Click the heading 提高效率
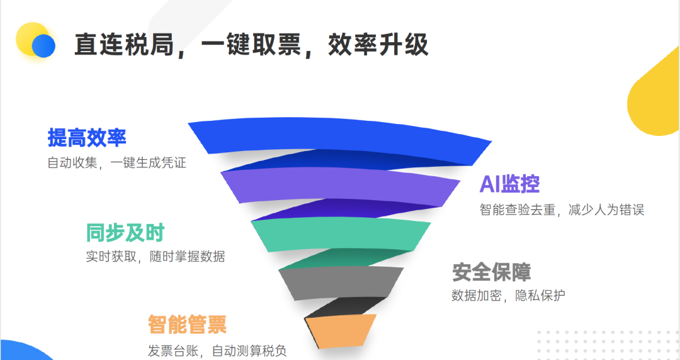coord(87,137)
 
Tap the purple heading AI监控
coord(509,184)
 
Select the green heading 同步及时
coord(125,233)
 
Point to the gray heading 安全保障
coord(491,273)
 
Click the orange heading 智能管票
coord(187,325)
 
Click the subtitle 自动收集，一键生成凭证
coord(116,162)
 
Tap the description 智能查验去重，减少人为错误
coord(562,210)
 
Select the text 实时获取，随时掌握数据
coord(155,257)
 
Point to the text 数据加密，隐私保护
coord(508,296)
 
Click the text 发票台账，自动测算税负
coord(217,350)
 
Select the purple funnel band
coord(340,187)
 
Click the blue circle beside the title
coord(44,45)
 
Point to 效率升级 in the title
coord(378,45)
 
